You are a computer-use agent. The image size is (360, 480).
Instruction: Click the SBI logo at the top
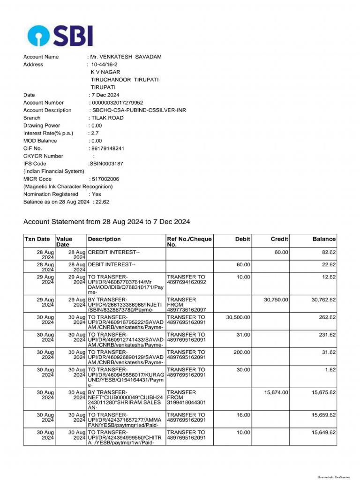coord(60,35)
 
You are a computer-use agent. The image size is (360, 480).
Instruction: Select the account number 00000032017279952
coord(117,103)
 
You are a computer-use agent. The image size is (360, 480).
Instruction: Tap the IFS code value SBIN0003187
coord(106,164)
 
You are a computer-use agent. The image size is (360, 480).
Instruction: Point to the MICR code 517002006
coord(105,179)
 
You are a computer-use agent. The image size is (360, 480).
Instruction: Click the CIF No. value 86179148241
coord(107,149)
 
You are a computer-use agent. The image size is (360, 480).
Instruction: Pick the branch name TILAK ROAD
coord(107,118)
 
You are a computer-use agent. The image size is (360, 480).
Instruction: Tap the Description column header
coord(104,239)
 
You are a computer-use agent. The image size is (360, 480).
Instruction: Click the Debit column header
coord(242,239)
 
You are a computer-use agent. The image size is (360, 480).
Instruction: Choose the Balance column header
coord(324,239)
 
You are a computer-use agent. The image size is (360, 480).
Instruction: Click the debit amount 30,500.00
coord(238,317)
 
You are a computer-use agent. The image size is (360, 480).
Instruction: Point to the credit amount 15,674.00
coord(277,392)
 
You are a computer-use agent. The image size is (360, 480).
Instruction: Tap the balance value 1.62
coord(330,370)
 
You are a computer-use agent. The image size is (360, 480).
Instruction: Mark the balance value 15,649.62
coord(323,433)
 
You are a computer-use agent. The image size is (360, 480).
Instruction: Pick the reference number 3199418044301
coord(186,402)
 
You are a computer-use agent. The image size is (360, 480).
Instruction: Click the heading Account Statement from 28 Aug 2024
coord(106,222)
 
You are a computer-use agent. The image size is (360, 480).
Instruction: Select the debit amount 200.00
coord(242,352)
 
